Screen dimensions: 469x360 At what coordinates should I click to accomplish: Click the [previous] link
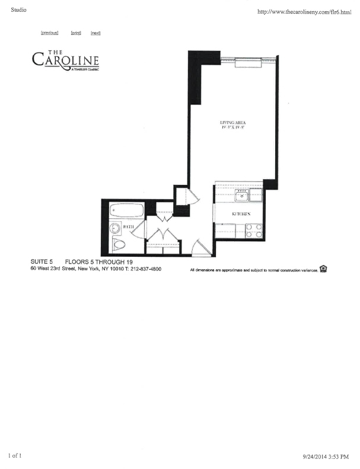(x=49, y=33)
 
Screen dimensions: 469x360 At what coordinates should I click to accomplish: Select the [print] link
(x=75, y=33)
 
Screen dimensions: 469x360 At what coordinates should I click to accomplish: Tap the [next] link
(x=95, y=33)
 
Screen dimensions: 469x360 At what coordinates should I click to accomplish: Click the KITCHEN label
(x=240, y=213)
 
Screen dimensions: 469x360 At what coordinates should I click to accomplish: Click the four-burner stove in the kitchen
(x=254, y=230)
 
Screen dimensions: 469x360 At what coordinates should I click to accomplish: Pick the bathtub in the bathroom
(x=126, y=211)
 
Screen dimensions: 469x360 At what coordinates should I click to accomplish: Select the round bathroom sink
(x=114, y=228)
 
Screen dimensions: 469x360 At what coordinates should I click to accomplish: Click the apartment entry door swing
(x=202, y=247)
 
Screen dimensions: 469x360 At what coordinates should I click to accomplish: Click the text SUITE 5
(x=42, y=261)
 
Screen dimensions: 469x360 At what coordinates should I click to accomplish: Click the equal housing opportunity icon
(x=323, y=269)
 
